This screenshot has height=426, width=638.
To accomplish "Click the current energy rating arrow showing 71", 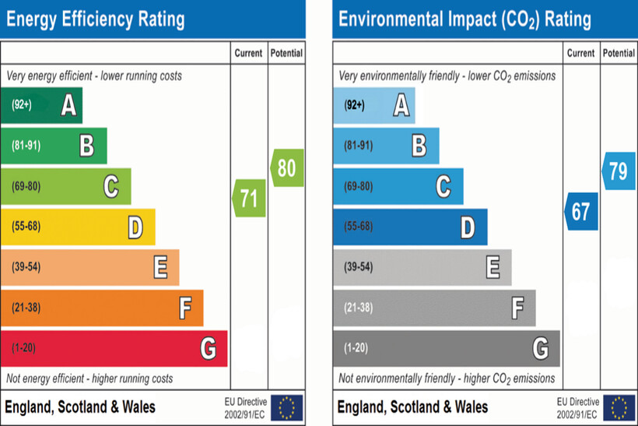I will [250, 198].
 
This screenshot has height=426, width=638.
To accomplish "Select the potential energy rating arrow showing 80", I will [287, 167].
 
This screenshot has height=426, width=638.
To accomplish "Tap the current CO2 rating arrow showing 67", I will [581, 211].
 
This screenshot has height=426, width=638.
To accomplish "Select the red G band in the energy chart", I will [114, 348].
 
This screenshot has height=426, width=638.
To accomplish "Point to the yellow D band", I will [78, 227].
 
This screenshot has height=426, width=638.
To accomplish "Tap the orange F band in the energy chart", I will [102, 308].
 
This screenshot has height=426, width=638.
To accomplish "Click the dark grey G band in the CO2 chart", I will [446, 348].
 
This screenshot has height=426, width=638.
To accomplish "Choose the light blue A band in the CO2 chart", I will [373, 105].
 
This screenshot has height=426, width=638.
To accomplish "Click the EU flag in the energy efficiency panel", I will [287, 407].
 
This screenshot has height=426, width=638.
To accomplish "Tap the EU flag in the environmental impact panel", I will [619, 407].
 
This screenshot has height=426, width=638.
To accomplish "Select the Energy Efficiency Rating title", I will [96, 19].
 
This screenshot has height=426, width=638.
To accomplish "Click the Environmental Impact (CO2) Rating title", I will [464, 19].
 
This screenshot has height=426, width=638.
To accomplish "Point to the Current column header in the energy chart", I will [249, 54].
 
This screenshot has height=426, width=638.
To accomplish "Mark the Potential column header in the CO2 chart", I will [619, 54].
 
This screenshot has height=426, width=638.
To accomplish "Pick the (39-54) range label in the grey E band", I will [358, 267].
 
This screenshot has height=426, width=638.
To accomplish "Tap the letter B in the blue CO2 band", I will [419, 146].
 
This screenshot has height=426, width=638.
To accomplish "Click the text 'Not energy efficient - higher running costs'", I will [90, 379].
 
